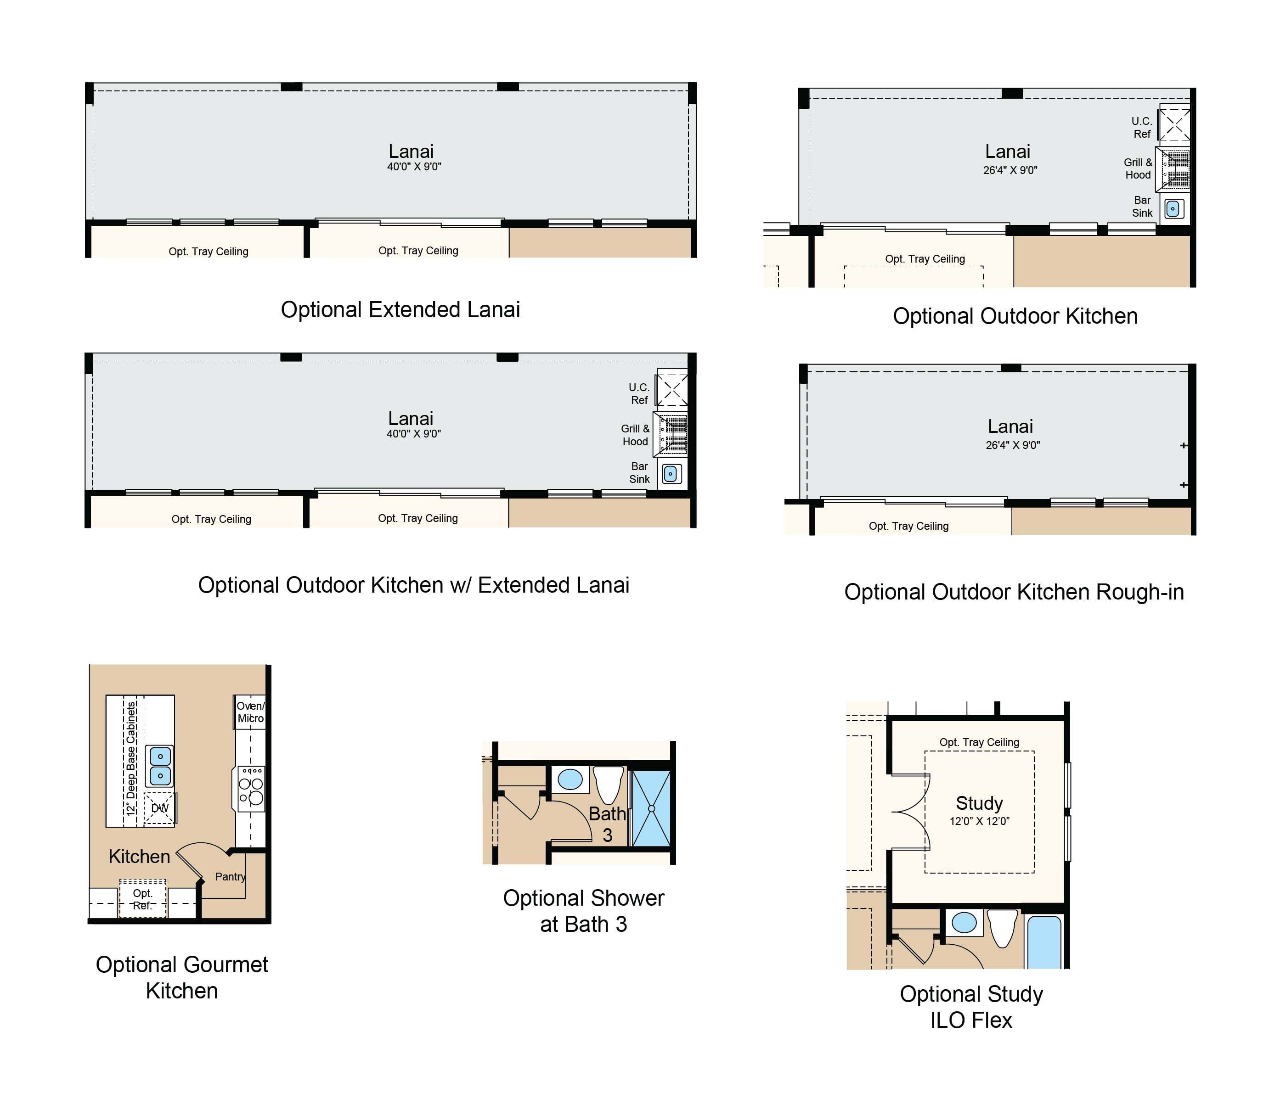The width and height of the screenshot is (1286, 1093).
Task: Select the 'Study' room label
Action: coord(979,802)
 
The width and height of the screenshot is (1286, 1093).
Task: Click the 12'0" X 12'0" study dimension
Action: coord(979,821)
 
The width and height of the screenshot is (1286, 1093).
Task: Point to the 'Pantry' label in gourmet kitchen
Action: coord(230,877)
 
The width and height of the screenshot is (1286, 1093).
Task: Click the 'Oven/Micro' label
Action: coord(250,712)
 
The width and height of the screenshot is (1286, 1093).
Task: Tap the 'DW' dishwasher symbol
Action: coord(159,808)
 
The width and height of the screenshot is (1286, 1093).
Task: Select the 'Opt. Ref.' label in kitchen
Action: coord(142,899)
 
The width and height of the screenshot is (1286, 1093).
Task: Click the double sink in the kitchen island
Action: coord(160,766)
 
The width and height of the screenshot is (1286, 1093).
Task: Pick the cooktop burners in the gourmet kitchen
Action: coord(251,789)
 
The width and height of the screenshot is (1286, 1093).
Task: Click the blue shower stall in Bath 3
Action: coord(651,808)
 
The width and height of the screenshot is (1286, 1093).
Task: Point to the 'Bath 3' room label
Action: coord(607,824)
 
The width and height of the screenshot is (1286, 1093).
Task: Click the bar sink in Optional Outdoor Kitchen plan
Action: coord(1173,209)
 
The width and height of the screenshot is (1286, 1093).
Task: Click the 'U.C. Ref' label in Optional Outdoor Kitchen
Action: coord(1142,128)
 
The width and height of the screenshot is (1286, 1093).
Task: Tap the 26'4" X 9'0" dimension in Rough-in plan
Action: coord(1013,445)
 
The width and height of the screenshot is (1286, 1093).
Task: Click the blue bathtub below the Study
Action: coord(1044,941)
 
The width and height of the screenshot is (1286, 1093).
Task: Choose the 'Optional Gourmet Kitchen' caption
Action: coord(181,977)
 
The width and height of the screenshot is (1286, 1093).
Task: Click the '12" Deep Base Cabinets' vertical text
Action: coord(131,758)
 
